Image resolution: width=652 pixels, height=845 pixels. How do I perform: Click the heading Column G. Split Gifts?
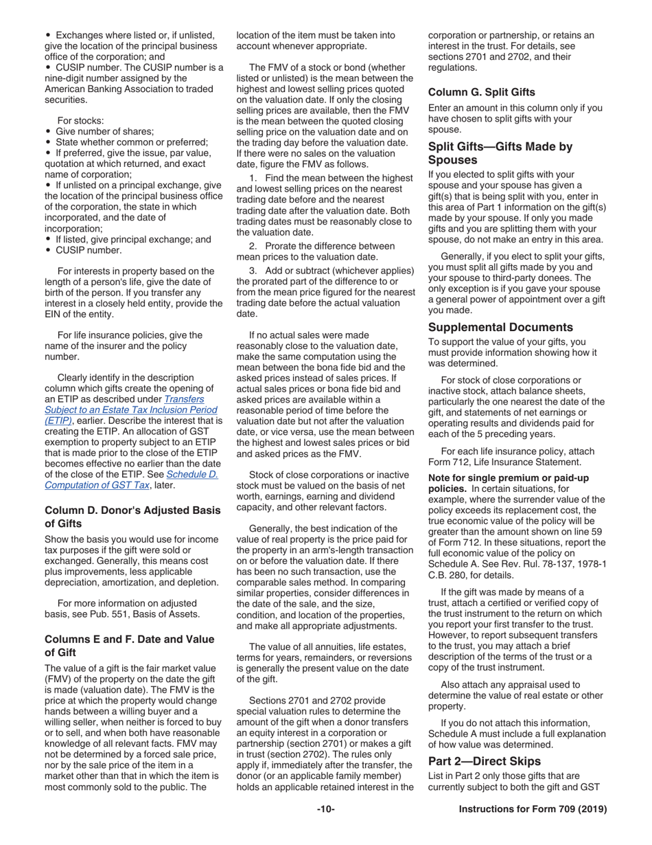click(481, 91)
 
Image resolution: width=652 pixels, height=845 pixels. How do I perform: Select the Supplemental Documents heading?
click(500, 327)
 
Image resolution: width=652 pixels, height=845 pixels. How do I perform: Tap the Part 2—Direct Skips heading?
click(485, 760)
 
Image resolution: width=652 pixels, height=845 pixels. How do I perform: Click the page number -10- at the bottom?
click(325, 809)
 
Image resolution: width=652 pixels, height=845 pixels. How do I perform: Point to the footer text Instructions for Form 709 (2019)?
click(533, 809)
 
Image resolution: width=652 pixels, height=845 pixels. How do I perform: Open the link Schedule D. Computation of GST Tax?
click(131, 479)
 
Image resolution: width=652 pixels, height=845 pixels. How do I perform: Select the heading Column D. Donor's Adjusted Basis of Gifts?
click(132, 516)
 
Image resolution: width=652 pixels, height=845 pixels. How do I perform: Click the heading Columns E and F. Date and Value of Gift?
click(129, 645)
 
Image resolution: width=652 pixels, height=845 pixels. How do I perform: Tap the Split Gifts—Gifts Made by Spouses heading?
click(500, 153)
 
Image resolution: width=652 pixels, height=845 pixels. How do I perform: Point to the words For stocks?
click(80, 120)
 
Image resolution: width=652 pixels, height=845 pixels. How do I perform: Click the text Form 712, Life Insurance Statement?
click(504, 462)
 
